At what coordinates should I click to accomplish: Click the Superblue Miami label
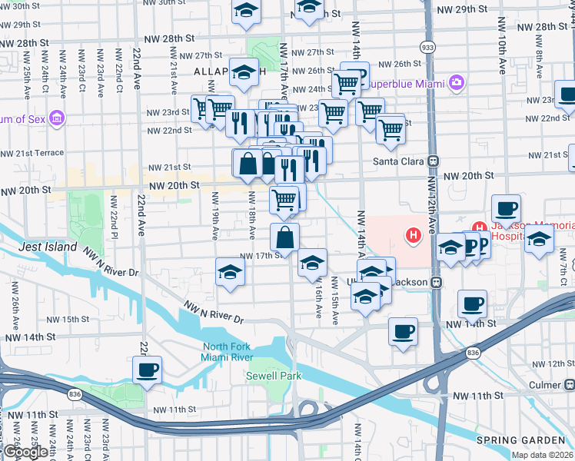pos(407,82)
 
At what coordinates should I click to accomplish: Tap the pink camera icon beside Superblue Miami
pos(457,81)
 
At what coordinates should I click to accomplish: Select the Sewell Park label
pos(274,376)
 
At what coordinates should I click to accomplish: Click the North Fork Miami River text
pos(227,352)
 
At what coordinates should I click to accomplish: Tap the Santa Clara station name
pos(399,161)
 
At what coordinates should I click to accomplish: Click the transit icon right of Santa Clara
pos(434,161)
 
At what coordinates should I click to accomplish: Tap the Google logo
pos(25,452)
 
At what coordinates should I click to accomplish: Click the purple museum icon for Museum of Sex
pos(56,118)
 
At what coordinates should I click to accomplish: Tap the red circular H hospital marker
pos(414,234)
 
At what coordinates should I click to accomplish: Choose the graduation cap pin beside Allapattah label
pos(244,73)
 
